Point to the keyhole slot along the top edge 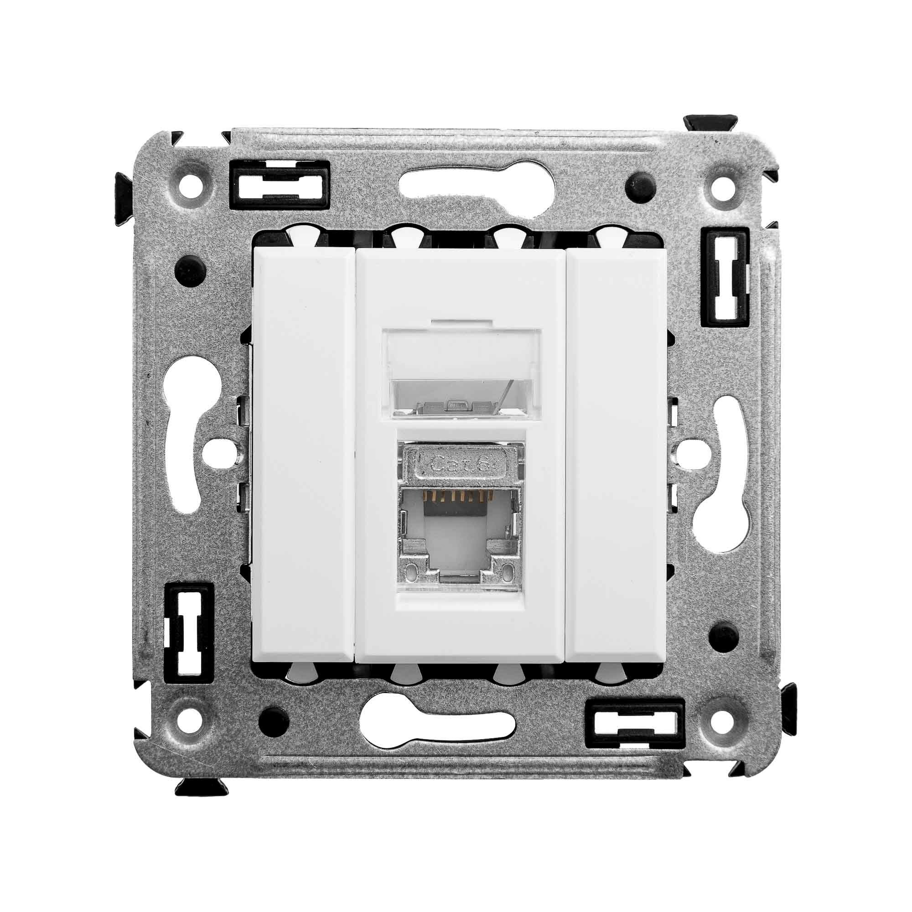click(x=456, y=182)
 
